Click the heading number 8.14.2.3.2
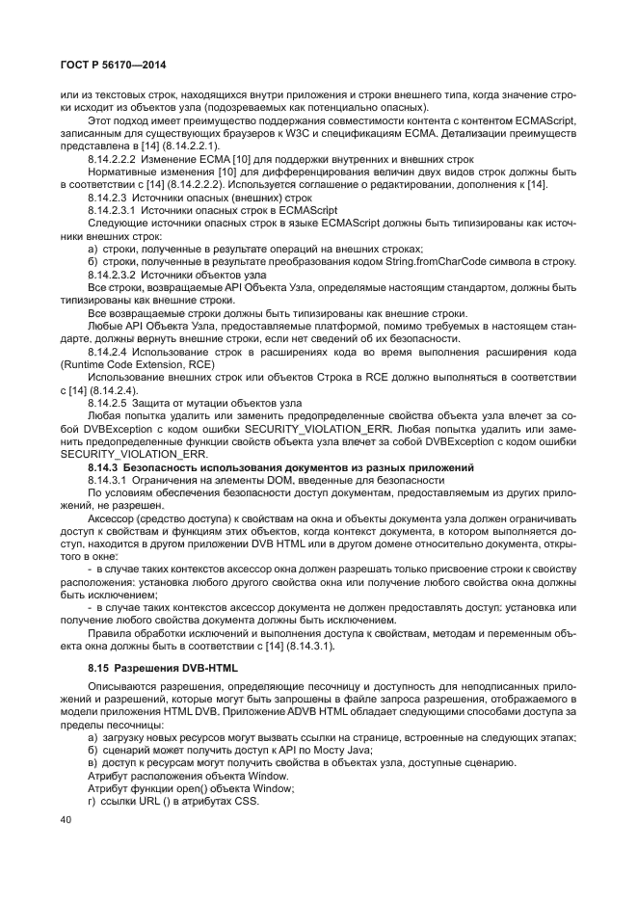[119, 275]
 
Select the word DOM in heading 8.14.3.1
[265, 479]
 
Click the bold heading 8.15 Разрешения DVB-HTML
[154, 668]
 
